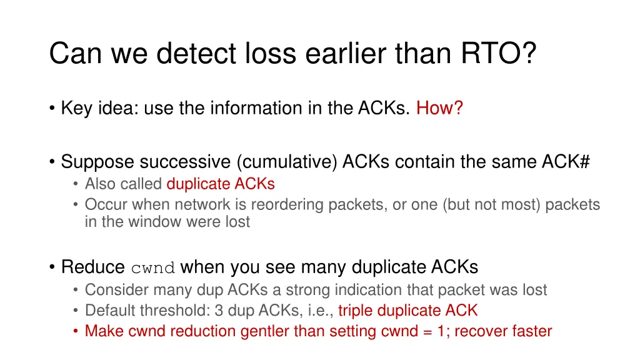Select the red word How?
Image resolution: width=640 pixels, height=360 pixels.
[x=439, y=109]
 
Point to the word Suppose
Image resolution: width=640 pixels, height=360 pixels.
[x=97, y=162]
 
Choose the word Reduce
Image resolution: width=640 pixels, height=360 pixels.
[x=93, y=267]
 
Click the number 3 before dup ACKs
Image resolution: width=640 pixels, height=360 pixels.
[x=203, y=311]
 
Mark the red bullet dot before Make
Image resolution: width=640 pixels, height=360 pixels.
[x=76, y=331]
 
